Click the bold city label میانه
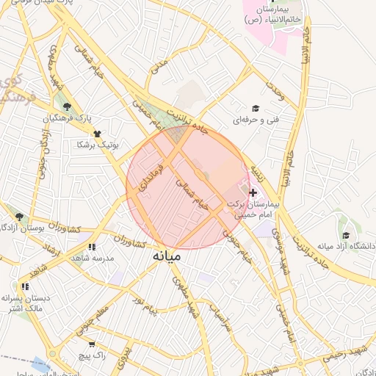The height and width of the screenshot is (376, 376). (167, 258)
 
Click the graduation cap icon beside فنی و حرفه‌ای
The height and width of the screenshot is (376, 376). (256, 108)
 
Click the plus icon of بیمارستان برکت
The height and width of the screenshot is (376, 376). (253, 192)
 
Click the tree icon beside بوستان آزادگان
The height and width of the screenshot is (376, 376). (19, 217)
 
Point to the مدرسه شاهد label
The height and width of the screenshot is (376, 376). (91, 258)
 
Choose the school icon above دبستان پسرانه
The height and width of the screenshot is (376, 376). (25, 287)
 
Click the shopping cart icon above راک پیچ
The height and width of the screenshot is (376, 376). (91, 344)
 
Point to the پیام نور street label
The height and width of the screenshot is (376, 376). (144, 300)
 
